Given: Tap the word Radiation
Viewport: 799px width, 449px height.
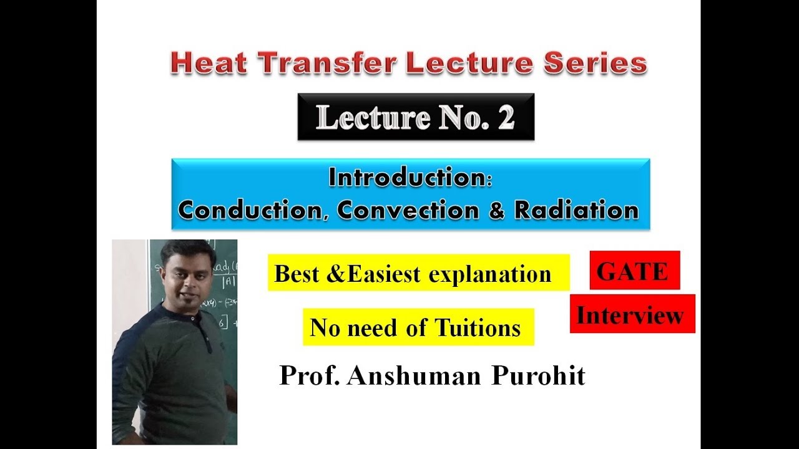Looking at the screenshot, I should click(576, 210).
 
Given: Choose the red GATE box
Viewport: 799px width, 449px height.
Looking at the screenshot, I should click(634, 271).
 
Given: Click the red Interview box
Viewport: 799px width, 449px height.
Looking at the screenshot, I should click(632, 314).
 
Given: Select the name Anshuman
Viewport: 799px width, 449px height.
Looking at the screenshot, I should click(410, 375).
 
